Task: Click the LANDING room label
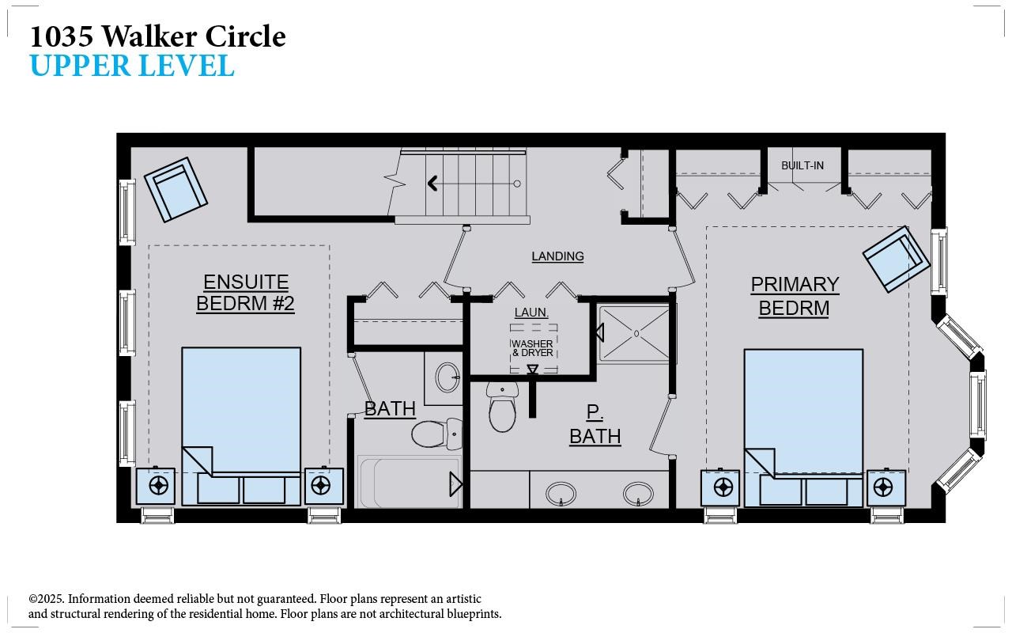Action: pos(557,256)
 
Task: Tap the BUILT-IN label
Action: pos(802,165)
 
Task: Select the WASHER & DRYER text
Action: pos(532,348)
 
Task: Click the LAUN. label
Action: pos(531,313)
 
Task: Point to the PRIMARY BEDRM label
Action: pos(795,296)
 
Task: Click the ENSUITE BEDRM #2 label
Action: pos(245,293)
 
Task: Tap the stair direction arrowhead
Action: pos(432,183)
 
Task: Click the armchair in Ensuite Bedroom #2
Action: pos(176,189)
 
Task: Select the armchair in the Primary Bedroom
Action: pos(897,259)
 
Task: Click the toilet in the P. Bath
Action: pos(502,407)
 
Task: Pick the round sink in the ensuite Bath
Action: pos(447,377)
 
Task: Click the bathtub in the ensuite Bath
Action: pos(410,482)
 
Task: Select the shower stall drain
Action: pos(636,334)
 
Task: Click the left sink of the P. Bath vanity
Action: pos(561,494)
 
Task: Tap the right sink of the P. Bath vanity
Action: pos(638,494)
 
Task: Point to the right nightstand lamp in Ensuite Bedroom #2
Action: pos(320,486)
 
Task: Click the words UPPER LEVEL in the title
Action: pos(132,66)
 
